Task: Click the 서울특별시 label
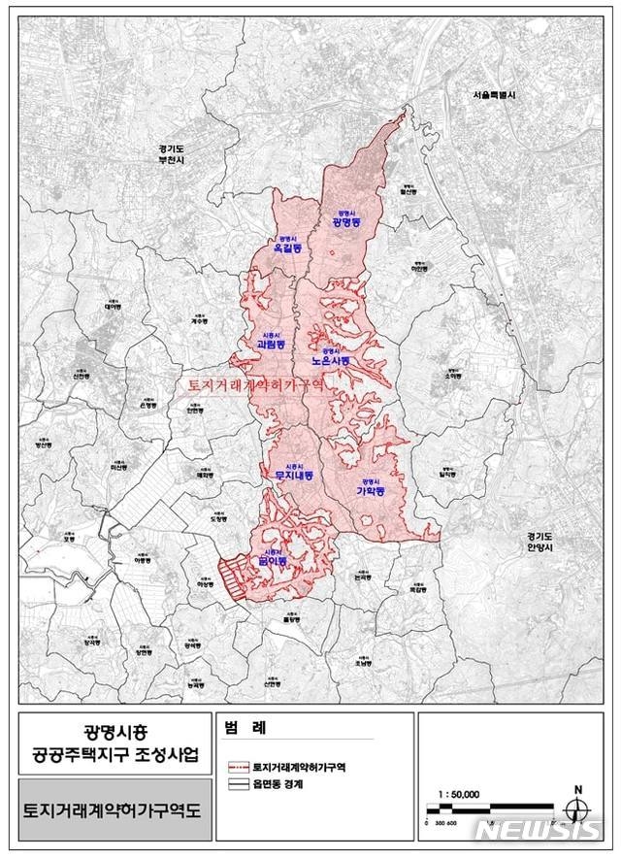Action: pyautogui.click(x=495, y=95)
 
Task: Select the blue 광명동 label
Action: pyautogui.click(x=345, y=222)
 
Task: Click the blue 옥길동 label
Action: pyautogui.click(x=286, y=249)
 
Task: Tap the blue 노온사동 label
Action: pyautogui.click(x=329, y=360)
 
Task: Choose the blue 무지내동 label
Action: pyautogui.click(x=287, y=476)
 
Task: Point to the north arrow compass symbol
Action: pyautogui.click(x=577, y=807)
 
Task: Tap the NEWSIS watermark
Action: pyautogui.click(x=539, y=831)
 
